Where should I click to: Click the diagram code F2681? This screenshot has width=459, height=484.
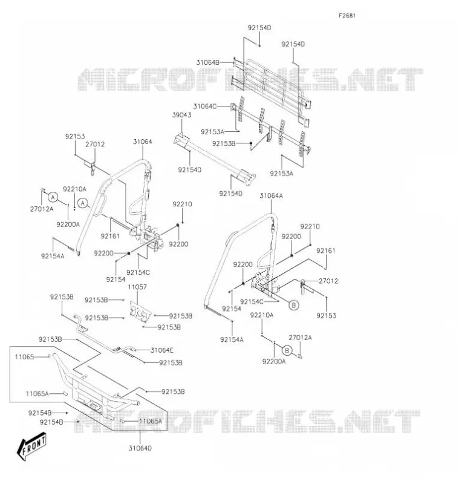click(347, 16)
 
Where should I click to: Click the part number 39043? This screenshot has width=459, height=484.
click(181, 115)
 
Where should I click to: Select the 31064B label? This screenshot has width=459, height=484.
click(207, 62)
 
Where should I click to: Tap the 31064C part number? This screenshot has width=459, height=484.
click(205, 106)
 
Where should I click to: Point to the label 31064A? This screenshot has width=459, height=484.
click(271, 195)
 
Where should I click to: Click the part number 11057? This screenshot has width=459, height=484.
click(137, 287)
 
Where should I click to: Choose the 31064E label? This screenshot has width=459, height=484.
click(162, 350)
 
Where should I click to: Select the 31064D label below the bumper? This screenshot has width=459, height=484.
click(140, 448)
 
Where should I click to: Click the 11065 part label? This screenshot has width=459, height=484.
click(24, 357)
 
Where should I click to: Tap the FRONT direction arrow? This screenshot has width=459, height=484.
click(32, 446)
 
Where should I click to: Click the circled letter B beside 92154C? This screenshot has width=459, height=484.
click(294, 305)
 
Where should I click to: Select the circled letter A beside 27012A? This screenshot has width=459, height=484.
click(53, 197)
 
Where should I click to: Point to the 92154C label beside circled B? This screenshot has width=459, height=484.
click(252, 301)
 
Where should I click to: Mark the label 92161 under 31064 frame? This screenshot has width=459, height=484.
click(110, 236)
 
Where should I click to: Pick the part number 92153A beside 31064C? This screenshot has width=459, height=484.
click(212, 132)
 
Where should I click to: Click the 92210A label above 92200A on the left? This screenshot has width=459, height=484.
click(74, 189)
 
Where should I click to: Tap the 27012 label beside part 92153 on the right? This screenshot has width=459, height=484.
click(328, 281)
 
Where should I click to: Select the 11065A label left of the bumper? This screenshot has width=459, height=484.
click(37, 394)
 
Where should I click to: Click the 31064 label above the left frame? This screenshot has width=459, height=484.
click(143, 142)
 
